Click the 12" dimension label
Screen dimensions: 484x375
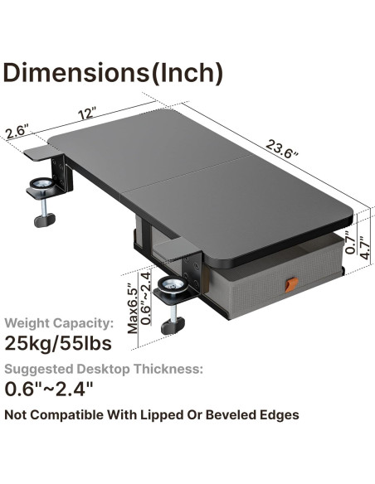(x=87, y=111)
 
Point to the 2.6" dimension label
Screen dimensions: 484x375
(x=17, y=132)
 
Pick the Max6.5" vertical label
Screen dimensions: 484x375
(x=132, y=309)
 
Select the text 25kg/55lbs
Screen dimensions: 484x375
(x=56, y=342)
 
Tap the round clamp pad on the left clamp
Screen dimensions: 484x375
(x=39, y=185)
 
